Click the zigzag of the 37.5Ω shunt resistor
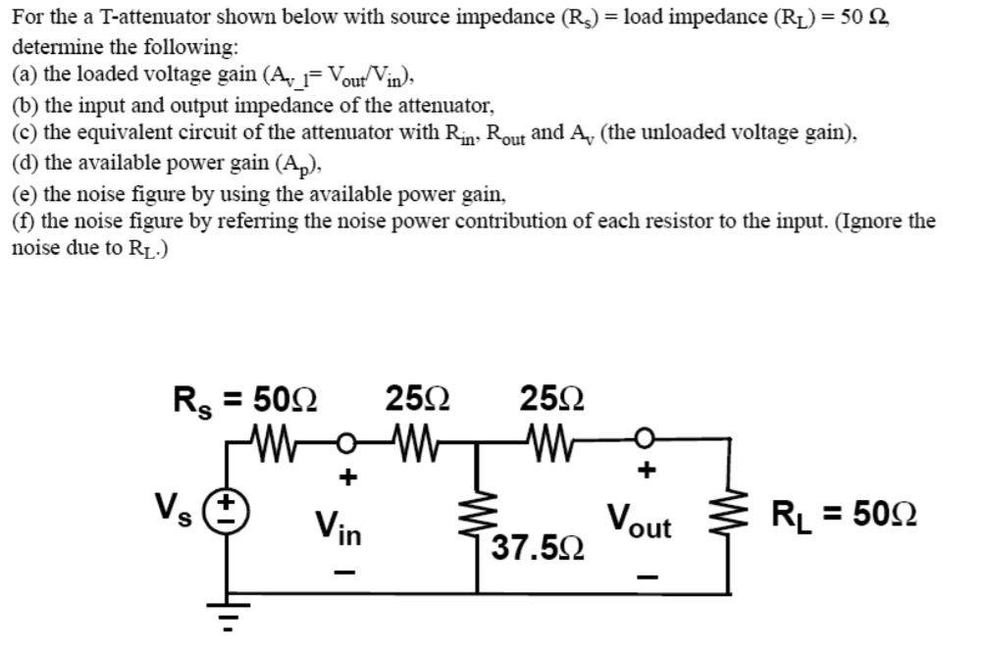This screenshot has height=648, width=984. coord(478,512)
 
